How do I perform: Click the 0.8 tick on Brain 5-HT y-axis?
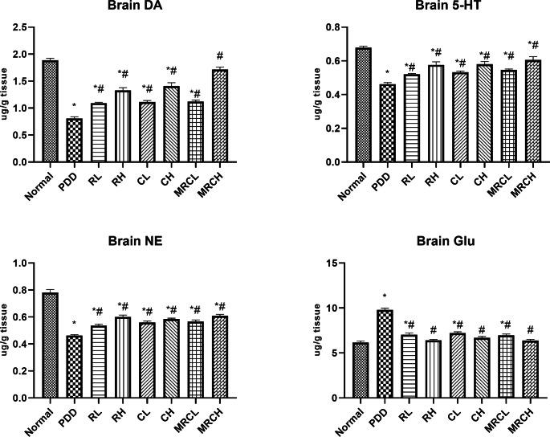coord(311,27)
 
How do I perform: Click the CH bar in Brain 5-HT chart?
coord(462,112)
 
